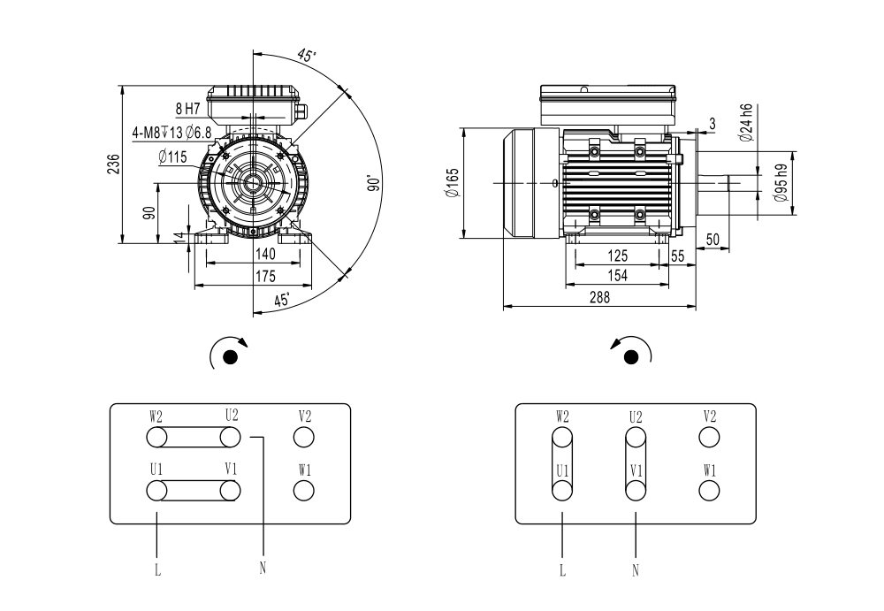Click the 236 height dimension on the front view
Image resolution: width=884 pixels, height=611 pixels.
click(114, 164)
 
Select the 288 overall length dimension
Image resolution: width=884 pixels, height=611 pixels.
click(599, 297)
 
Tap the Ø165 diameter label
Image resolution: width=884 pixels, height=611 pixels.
click(453, 183)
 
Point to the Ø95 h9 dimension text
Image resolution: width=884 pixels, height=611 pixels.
click(781, 183)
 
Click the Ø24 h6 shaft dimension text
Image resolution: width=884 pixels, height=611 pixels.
click(746, 122)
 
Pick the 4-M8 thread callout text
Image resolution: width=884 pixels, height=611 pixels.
click(172, 134)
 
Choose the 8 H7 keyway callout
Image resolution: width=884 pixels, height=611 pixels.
click(187, 109)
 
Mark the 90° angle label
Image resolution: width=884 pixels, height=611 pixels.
click(374, 183)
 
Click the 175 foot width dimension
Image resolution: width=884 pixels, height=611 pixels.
click(265, 276)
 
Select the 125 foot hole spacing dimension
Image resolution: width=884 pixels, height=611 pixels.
click(617, 256)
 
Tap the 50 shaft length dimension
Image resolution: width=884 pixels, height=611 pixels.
click(713, 240)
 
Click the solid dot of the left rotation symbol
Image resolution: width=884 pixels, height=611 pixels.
click(230, 357)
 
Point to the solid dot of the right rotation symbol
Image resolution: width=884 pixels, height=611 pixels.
click(631, 357)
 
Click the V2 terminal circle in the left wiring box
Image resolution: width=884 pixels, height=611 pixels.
click(304, 437)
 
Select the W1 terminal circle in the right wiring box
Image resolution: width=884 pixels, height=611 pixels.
click(709, 490)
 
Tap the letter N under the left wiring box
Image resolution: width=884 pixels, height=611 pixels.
click(263, 569)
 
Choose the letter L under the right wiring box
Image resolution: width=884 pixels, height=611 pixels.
click(562, 570)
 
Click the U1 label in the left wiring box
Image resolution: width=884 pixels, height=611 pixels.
click(156, 469)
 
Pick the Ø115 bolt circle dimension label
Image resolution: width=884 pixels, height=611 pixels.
click(172, 157)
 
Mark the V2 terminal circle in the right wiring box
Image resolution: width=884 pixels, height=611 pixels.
click(709, 437)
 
